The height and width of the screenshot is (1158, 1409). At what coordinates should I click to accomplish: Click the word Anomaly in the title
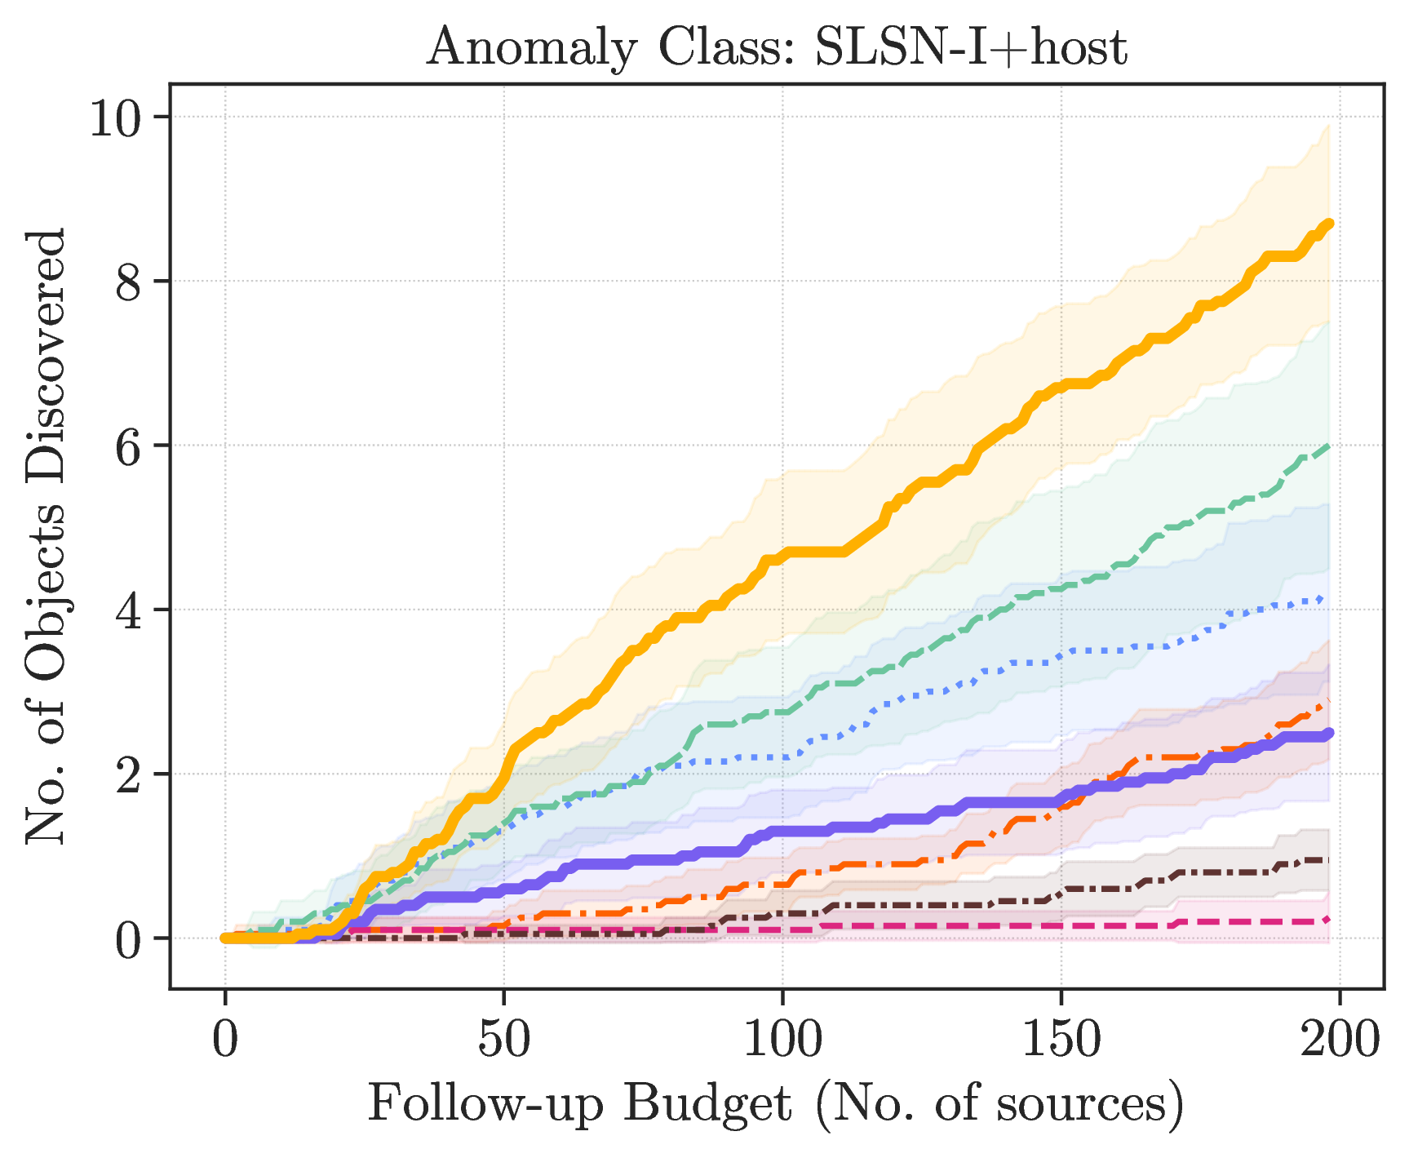(531, 48)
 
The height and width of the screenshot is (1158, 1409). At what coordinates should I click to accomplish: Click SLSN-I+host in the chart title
(972, 47)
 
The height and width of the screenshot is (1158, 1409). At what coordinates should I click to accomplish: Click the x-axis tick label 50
(503, 1040)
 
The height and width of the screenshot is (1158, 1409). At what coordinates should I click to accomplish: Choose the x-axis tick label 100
(782, 1040)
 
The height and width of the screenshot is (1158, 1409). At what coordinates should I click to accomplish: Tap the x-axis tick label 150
(1061, 1040)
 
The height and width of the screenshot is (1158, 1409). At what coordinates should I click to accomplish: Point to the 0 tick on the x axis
(225, 1040)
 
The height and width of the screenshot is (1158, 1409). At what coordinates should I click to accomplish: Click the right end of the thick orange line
(1330, 223)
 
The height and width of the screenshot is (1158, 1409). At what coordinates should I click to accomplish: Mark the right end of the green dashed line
(1330, 446)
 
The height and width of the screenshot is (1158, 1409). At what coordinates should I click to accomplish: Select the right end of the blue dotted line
(1323, 599)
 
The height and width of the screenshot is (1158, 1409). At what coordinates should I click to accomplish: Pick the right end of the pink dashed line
(1329, 920)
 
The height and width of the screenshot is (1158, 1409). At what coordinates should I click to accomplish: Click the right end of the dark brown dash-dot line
(1330, 860)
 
